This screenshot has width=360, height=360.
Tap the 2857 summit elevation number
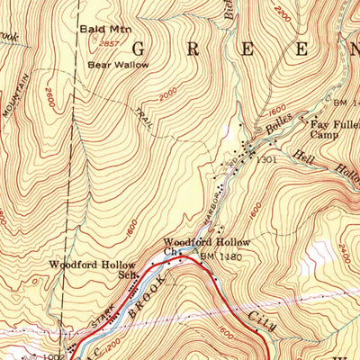(x=111, y=43)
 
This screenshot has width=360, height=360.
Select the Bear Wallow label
(x=113, y=65)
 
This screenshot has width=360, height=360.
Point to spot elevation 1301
(x=264, y=159)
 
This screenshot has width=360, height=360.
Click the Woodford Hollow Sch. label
(x=92, y=270)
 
